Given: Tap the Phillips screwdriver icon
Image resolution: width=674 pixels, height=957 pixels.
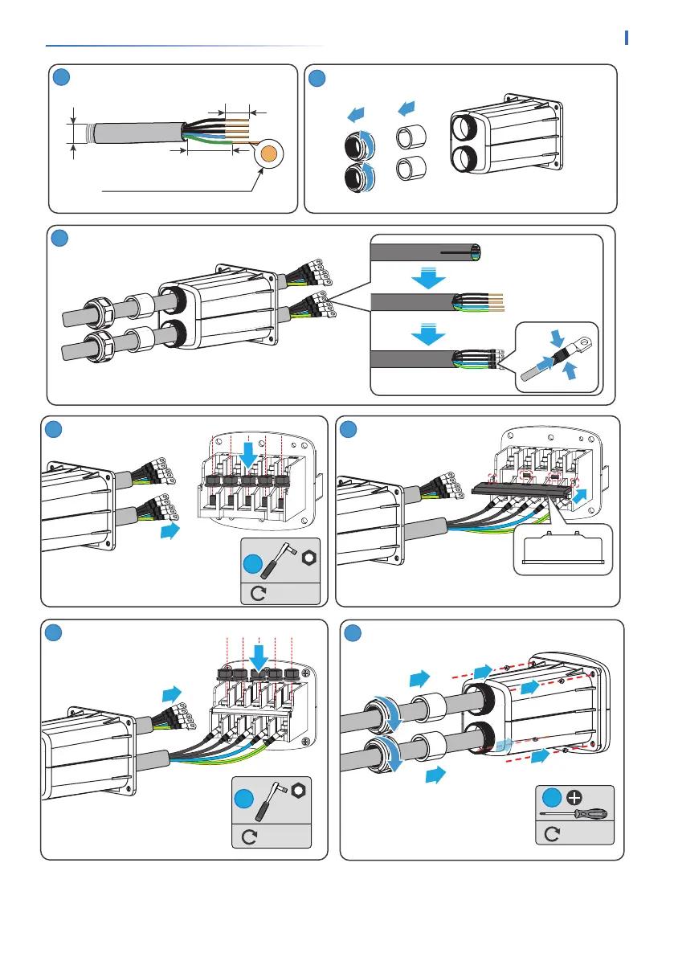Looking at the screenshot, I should coord(574,814).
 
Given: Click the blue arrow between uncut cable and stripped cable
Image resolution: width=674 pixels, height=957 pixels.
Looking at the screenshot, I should coord(428,278).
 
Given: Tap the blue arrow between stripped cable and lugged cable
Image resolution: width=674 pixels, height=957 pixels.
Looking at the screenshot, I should coord(428,332).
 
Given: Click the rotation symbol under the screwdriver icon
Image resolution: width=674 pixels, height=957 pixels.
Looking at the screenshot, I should coord(552,833).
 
